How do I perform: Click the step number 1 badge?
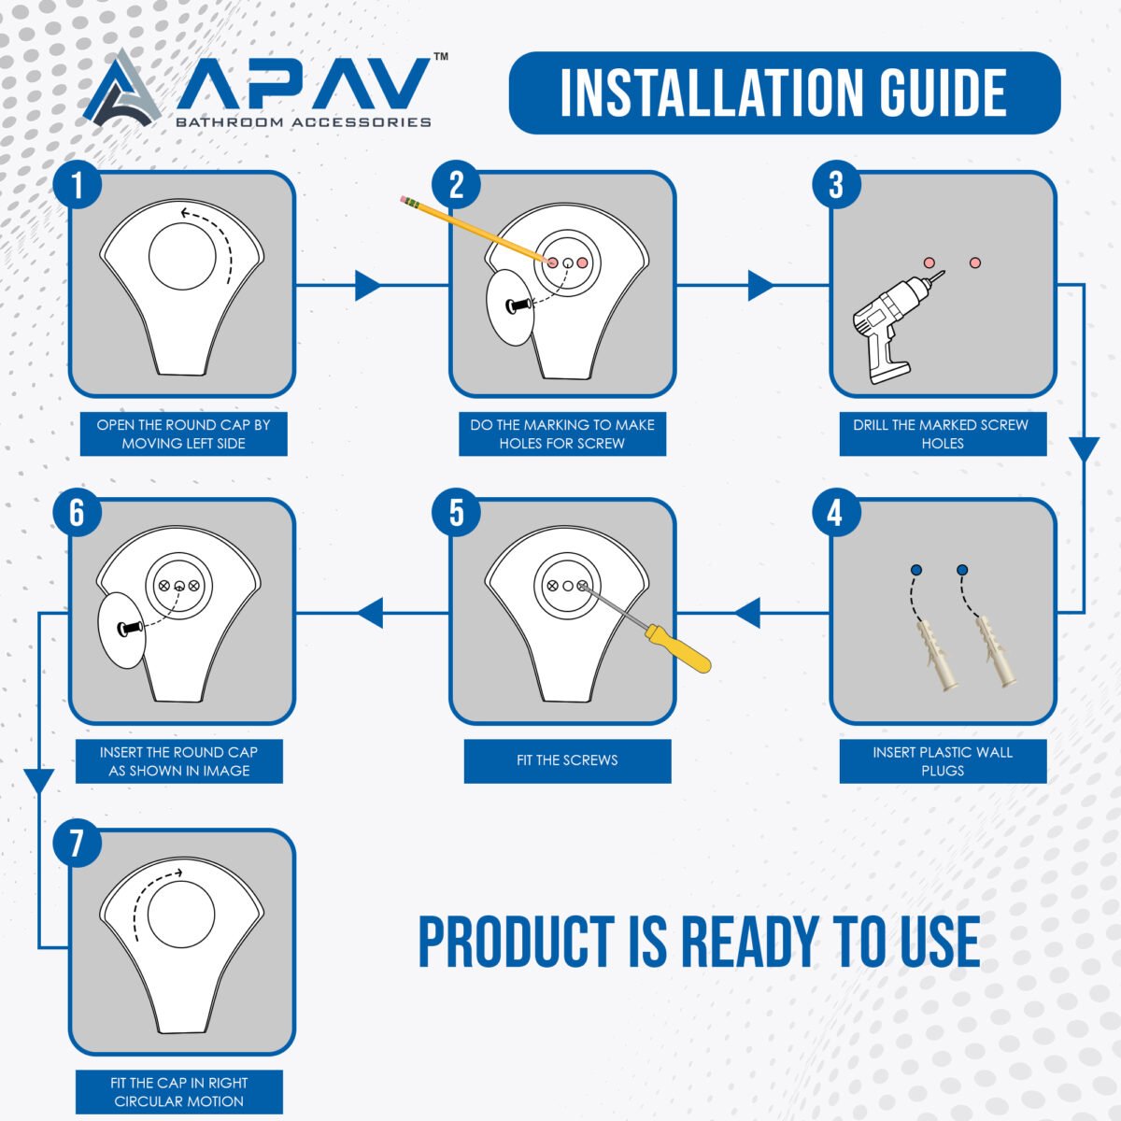(x=78, y=185)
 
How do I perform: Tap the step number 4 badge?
(x=836, y=513)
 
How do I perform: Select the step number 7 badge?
(x=78, y=843)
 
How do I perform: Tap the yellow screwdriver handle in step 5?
(x=679, y=648)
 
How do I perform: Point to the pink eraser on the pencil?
(x=403, y=199)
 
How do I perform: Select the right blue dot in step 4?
(x=962, y=570)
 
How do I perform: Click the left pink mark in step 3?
(x=929, y=263)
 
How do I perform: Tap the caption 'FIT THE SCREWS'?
(x=567, y=759)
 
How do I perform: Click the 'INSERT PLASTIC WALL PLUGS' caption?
(x=943, y=761)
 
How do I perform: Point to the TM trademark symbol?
(x=441, y=56)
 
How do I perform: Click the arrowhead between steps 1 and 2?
(x=368, y=285)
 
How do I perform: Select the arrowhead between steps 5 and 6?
(x=370, y=613)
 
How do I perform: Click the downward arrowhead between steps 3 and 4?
(x=1085, y=449)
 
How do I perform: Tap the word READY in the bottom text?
(x=750, y=942)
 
